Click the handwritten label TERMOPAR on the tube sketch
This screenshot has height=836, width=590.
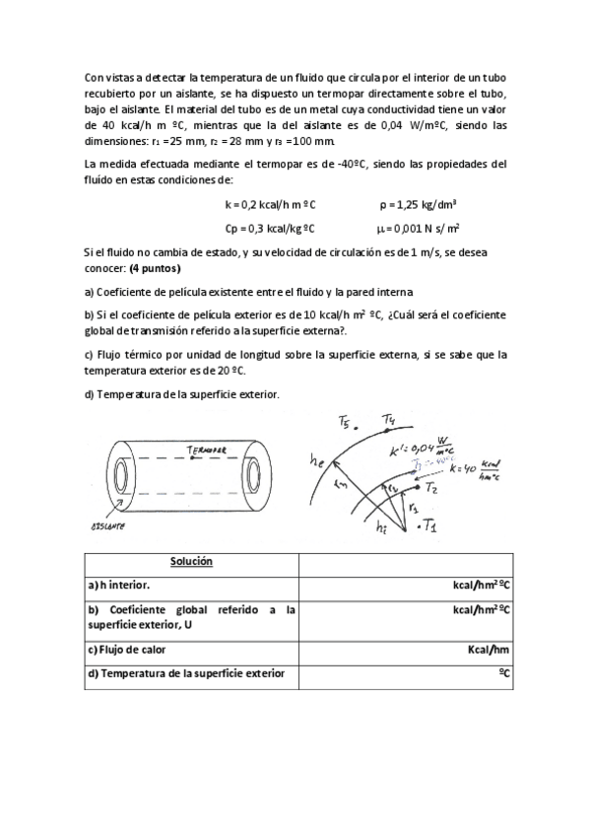[205, 451]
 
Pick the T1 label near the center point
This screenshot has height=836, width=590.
[431, 531]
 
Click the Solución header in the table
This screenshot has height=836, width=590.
[191, 561]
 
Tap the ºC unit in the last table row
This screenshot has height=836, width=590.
[503, 673]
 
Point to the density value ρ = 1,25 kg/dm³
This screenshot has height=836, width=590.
[417, 204]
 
